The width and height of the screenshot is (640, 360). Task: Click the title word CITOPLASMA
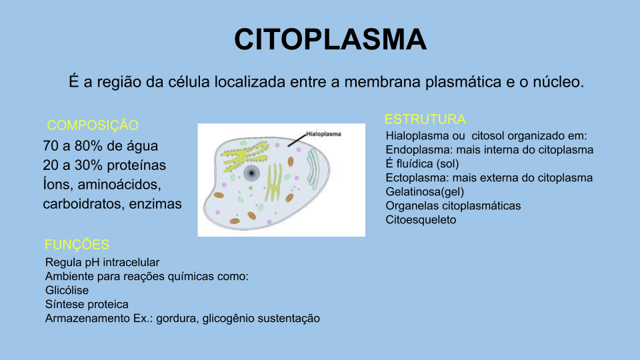pos(330,40)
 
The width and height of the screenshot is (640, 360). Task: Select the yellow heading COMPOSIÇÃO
pos(93,125)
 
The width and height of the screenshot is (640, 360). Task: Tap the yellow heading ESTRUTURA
pos(425,119)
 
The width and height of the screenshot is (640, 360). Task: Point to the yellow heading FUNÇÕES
pos(77,245)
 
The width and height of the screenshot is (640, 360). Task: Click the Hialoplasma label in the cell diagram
pos(323,133)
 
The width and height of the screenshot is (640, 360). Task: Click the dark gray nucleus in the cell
pos(251,174)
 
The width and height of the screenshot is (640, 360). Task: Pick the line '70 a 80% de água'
pos(101,145)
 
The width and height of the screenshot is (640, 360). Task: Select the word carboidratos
pos(80,204)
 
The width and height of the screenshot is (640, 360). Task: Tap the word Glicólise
pos(67,291)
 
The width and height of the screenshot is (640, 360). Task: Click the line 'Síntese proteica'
pos(87,305)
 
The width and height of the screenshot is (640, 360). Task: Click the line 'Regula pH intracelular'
pos(102,262)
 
